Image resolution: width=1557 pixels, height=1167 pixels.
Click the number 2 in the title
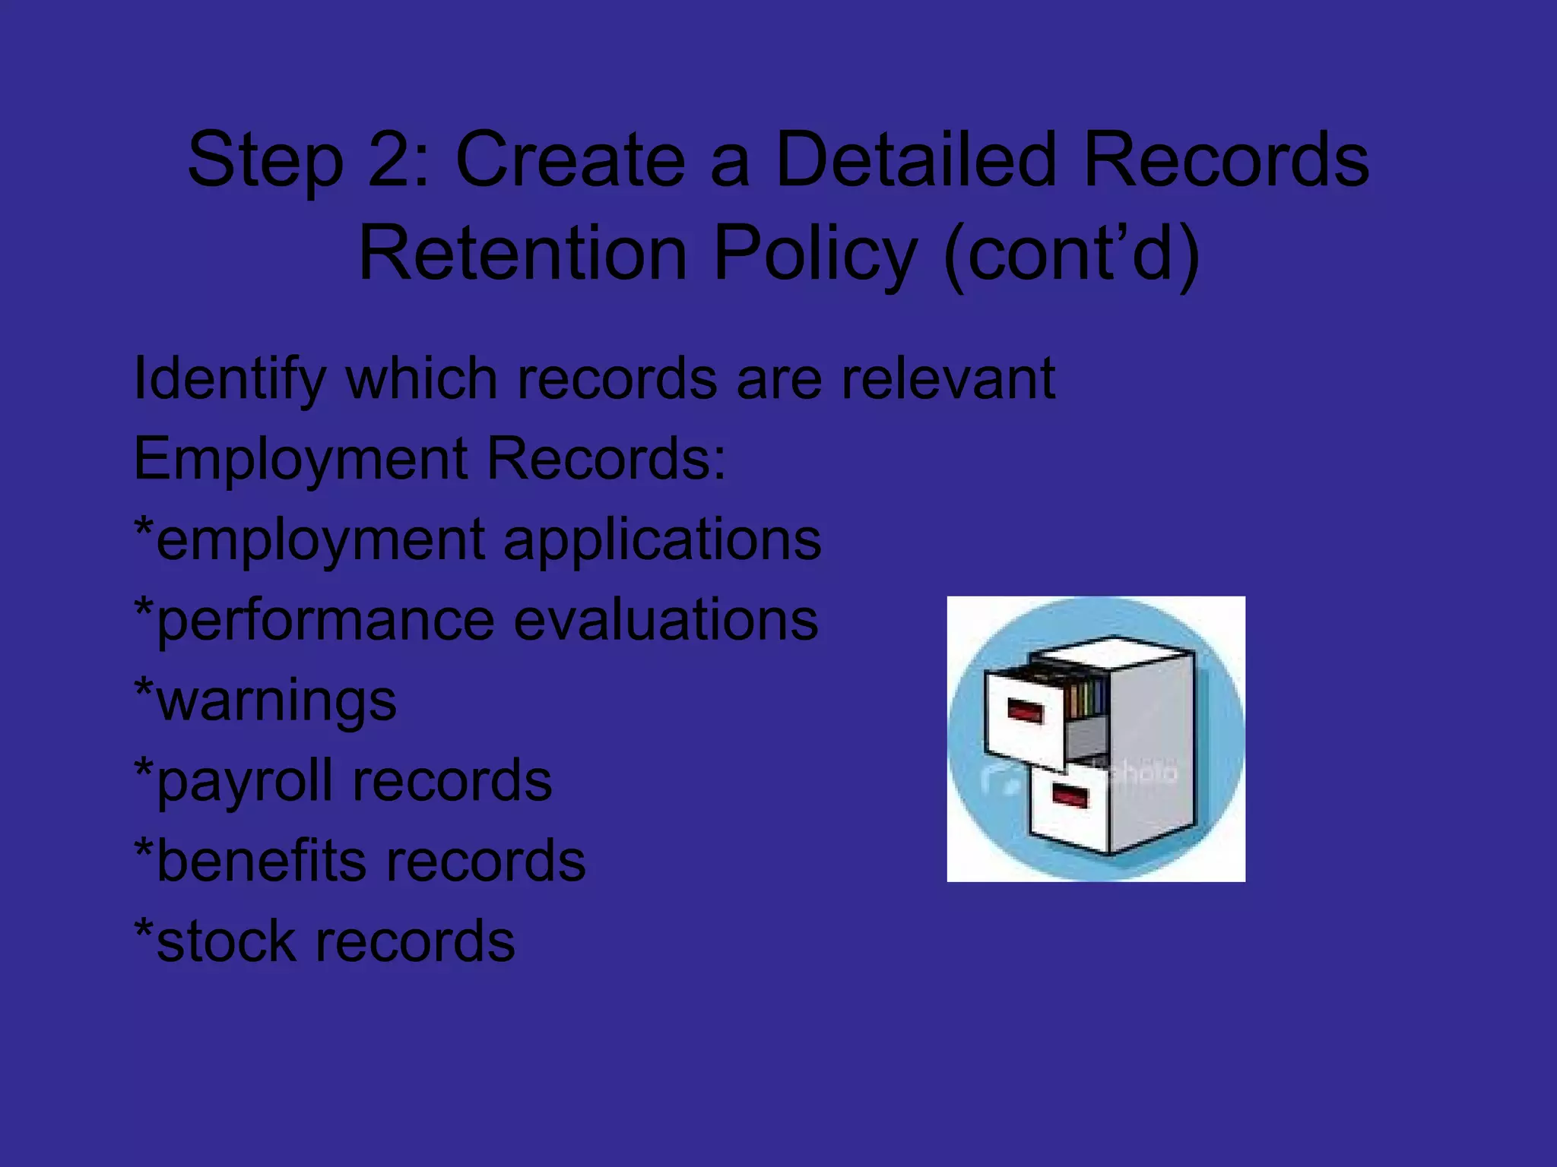point(389,160)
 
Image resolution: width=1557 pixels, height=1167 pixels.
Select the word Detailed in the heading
point(915,160)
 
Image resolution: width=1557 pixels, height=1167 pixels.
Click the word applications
point(662,539)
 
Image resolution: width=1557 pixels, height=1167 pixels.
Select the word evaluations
point(666,620)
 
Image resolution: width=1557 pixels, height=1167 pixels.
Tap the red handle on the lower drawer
point(1070,797)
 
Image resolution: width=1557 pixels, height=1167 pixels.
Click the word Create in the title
point(570,160)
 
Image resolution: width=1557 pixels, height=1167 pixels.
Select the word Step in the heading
point(265,160)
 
